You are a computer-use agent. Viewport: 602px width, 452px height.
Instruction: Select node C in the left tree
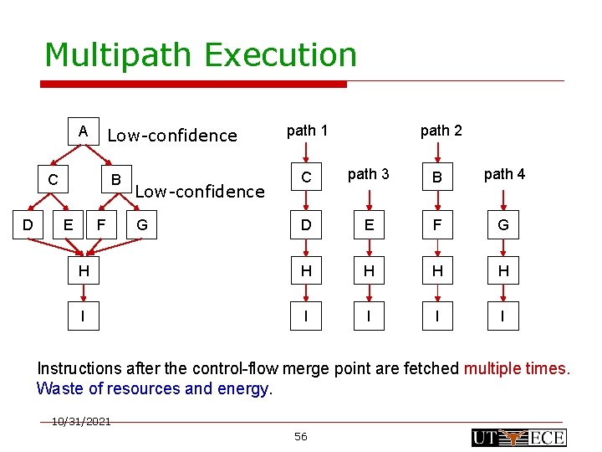tap(53, 179)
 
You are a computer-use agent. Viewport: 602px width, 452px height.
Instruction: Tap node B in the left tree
tap(117, 179)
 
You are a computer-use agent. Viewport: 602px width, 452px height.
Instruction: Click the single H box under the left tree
tap(83, 270)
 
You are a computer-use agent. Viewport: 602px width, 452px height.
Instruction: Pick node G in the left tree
tap(141, 224)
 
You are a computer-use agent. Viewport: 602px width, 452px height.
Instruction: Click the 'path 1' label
tap(307, 130)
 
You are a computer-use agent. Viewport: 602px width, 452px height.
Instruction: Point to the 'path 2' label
tap(441, 130)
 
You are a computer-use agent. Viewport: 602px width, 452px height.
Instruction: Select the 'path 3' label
tap(368, 174)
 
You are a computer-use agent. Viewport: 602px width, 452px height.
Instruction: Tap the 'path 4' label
tap(504, 174)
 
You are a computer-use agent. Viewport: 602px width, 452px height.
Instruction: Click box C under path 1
tap(307, 177)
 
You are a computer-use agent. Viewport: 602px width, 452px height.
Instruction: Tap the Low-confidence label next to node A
tap(172, 136)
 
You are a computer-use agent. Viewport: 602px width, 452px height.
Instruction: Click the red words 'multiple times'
tap(516, 368)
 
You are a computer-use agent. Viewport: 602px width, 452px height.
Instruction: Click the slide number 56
tap(301, 436)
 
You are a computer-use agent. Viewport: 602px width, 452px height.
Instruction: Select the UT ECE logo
tap(518, 437)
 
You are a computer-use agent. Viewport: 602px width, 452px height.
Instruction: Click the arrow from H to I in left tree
tap(83, 293)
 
